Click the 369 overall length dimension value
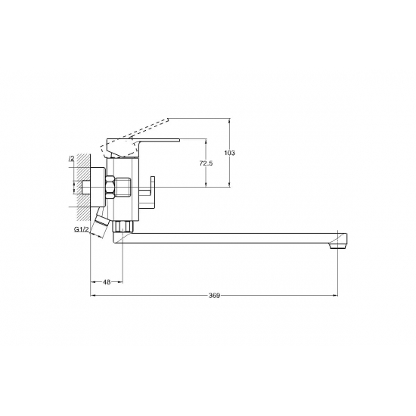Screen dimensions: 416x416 (x=214, y=296)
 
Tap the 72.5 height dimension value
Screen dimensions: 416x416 (x=205, y=163)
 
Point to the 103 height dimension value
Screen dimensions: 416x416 (x=231, y=154)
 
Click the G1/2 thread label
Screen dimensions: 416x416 (x=82, y=230)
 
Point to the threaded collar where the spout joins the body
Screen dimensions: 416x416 (x=124, y=225)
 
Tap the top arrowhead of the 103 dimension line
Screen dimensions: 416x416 (x=230, y=120)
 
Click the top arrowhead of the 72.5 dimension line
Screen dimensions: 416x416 (x=206, y=140)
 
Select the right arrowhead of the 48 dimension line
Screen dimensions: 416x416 (x=120, y=282)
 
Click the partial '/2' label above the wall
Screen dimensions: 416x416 (x=72, y=159)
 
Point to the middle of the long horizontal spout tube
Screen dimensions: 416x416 (x=227, y=237)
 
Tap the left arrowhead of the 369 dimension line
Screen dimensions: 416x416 (x=93, y=296)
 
